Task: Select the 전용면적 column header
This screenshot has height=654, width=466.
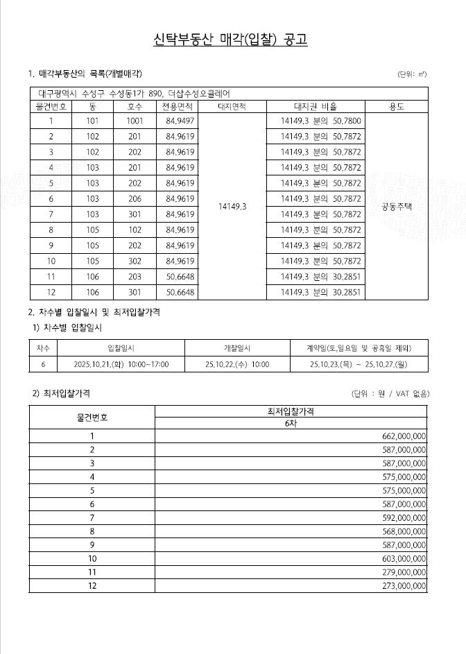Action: point(178,107)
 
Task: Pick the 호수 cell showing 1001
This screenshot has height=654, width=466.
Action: point(135,121)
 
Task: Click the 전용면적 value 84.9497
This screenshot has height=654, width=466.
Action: point(180,121)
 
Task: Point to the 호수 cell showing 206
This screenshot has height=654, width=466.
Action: point(135,198)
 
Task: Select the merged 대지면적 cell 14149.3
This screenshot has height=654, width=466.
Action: point(232,206)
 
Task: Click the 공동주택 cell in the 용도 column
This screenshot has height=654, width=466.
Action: point(397,206)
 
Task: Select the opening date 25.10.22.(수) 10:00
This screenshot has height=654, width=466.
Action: point(237,364)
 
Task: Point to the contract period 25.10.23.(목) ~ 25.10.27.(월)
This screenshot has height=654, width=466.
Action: point(359,364)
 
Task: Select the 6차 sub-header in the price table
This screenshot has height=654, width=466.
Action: point(290,422)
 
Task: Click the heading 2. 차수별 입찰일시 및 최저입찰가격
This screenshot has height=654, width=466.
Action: point(94,313)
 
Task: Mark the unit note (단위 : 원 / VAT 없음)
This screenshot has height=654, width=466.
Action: point(390,394)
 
